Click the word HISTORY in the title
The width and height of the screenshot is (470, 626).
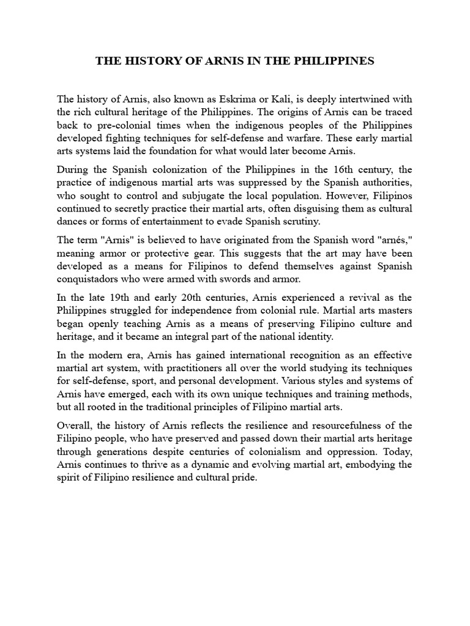click(144, 62)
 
